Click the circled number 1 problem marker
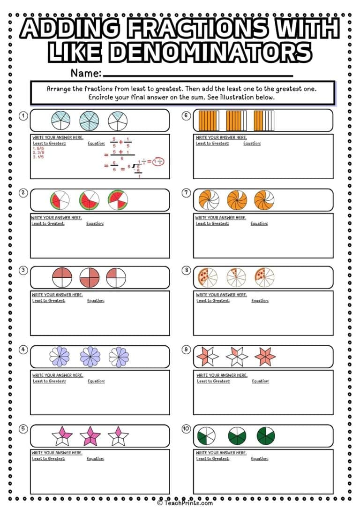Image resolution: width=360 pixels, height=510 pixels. tap(23, 115)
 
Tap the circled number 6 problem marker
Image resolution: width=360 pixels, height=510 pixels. tap(186, 115)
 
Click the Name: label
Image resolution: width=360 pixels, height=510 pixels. tap(86, 73)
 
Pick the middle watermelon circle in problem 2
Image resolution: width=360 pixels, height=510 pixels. tap(89, 200)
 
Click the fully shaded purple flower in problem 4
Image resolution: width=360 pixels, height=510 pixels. tap(90, 357)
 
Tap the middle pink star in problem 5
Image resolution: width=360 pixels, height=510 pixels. tap(90, 436)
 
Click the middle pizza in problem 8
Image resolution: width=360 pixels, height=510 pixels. tap(236, 277)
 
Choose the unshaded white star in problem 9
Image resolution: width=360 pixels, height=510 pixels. tap(236, 357)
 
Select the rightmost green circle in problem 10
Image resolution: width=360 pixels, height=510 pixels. tap(266, 436)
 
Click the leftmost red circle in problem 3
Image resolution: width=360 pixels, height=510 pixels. tap(60, 277)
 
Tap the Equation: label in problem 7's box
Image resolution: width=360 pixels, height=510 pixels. tap(259, 224)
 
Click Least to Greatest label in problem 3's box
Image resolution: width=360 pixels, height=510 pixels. tap(49, 301)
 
